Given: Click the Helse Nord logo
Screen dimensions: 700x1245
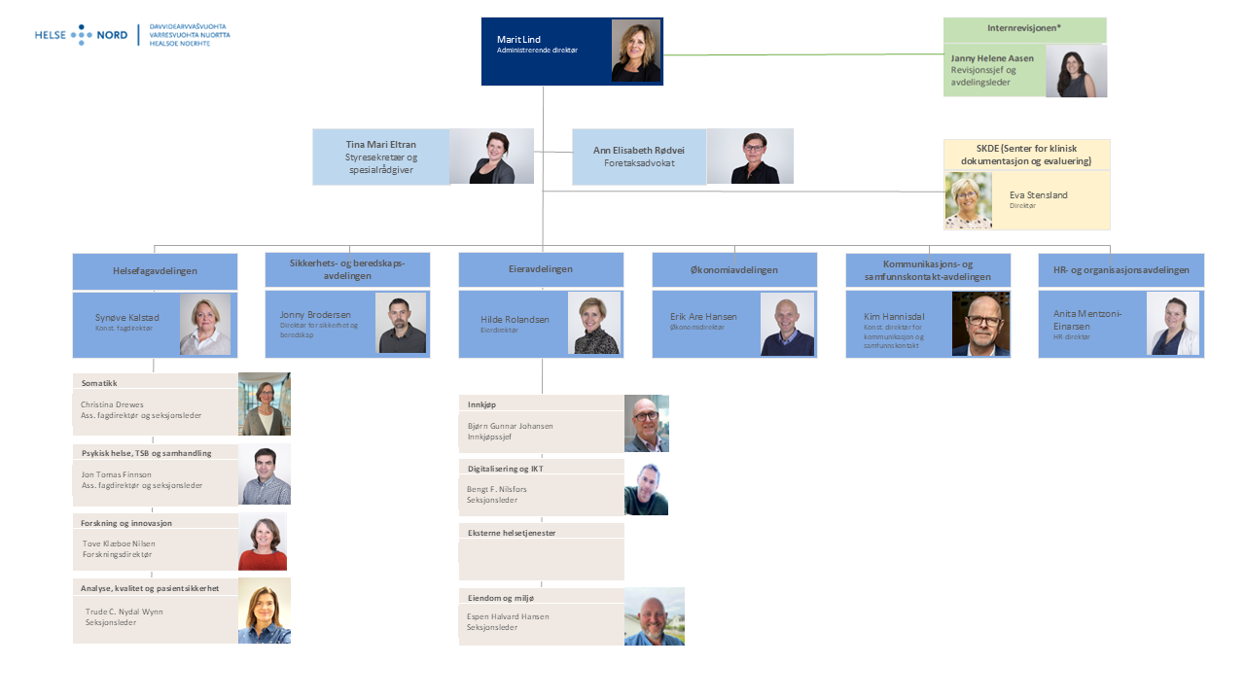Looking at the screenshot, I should pyautogui.click(x=132, y=36).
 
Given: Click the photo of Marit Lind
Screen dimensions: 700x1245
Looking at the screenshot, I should pyautogui.click(x=636, y=51).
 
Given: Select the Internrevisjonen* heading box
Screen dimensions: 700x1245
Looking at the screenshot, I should pyautogui.click(x=1024, y=30).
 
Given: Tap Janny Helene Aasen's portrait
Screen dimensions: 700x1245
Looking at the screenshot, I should pyautogui.click(x=1076, y=71).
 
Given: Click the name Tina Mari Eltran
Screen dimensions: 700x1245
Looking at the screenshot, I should pyautogui.click(x=380, y=144).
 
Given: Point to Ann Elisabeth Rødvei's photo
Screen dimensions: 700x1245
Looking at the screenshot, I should pyautogui.click(x=749, y=157).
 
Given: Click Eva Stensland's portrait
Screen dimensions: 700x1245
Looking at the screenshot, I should pyautogui.click(x=968, y=200).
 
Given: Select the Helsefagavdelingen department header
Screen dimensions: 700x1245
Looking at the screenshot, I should pyautogui.click(x=155, y=271).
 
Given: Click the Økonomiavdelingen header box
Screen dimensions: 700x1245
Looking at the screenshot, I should pyautogui.click(x=734, y=270).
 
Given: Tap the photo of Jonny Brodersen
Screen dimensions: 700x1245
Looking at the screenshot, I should pyautogui.click(x=401, y=324).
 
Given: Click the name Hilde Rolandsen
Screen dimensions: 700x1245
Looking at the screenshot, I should pyautogui.click(x=514, y=319).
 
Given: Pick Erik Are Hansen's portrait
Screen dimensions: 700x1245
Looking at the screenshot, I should pyautogui.click(x=787, y=324).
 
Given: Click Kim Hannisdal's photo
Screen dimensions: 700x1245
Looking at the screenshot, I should pyautogui.click(x=980, y=324).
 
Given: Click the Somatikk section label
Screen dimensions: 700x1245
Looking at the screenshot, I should pyautogui.click(x=100, y=383).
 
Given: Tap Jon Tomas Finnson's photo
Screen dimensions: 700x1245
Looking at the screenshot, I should pyautogui.click(x=264, y=474).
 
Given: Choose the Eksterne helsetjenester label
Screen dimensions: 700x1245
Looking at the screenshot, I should pyautogui.click(x=512, y=533).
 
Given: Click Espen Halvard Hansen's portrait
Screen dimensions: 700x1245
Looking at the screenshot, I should pyautogui.click(x=654, y=616).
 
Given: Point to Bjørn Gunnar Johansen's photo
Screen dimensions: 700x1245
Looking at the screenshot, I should pyautogui.click(x=646, y=424).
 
